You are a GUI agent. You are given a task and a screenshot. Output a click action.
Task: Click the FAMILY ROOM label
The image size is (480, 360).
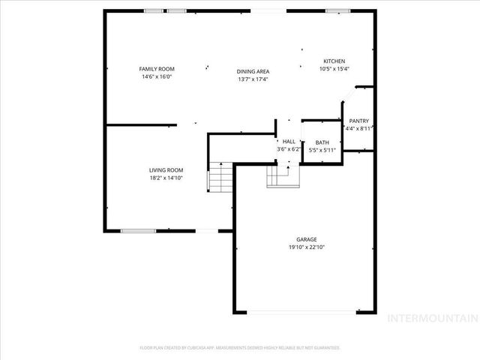pos(157,68)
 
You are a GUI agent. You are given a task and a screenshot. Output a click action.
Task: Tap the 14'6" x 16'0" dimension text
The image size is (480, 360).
pos(157,76)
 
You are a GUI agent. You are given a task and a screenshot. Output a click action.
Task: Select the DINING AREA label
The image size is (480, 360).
pos(253,70)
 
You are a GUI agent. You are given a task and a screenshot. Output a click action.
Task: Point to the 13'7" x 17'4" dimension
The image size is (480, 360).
pos(253,79)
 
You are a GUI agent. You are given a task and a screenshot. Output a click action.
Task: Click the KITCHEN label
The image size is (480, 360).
pos(334,61)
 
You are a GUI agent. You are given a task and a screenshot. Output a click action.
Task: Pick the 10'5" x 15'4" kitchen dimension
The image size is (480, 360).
pos(334,69)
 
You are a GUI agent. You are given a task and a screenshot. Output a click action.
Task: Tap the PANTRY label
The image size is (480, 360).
pos(358,121)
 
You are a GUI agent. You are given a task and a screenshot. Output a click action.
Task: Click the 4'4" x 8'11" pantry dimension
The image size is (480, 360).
pos(358,129)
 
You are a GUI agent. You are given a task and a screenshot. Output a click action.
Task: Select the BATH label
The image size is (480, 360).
pos(322,142)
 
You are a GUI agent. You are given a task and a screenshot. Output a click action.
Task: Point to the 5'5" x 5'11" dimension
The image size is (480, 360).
pos(322,150)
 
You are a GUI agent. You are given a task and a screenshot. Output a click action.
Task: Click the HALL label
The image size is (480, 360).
pos(289,141)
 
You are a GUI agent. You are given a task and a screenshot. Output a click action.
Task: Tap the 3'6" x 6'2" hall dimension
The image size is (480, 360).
pos(289,149)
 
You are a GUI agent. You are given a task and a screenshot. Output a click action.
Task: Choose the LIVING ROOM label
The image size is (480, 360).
pos(166,170)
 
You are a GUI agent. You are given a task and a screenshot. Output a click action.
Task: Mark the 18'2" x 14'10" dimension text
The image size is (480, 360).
pos(166,178)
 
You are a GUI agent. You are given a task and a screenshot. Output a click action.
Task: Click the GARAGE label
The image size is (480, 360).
pos(307,239)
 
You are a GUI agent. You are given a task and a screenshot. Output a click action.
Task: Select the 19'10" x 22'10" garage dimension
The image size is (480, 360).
pos(307,247)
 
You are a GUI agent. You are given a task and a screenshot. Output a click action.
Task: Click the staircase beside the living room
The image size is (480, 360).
pos(220,178)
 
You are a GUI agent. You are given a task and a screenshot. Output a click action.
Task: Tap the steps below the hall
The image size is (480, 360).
pos(282,175)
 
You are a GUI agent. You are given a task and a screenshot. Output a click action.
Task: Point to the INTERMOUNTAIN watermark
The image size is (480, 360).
pos(430,318)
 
